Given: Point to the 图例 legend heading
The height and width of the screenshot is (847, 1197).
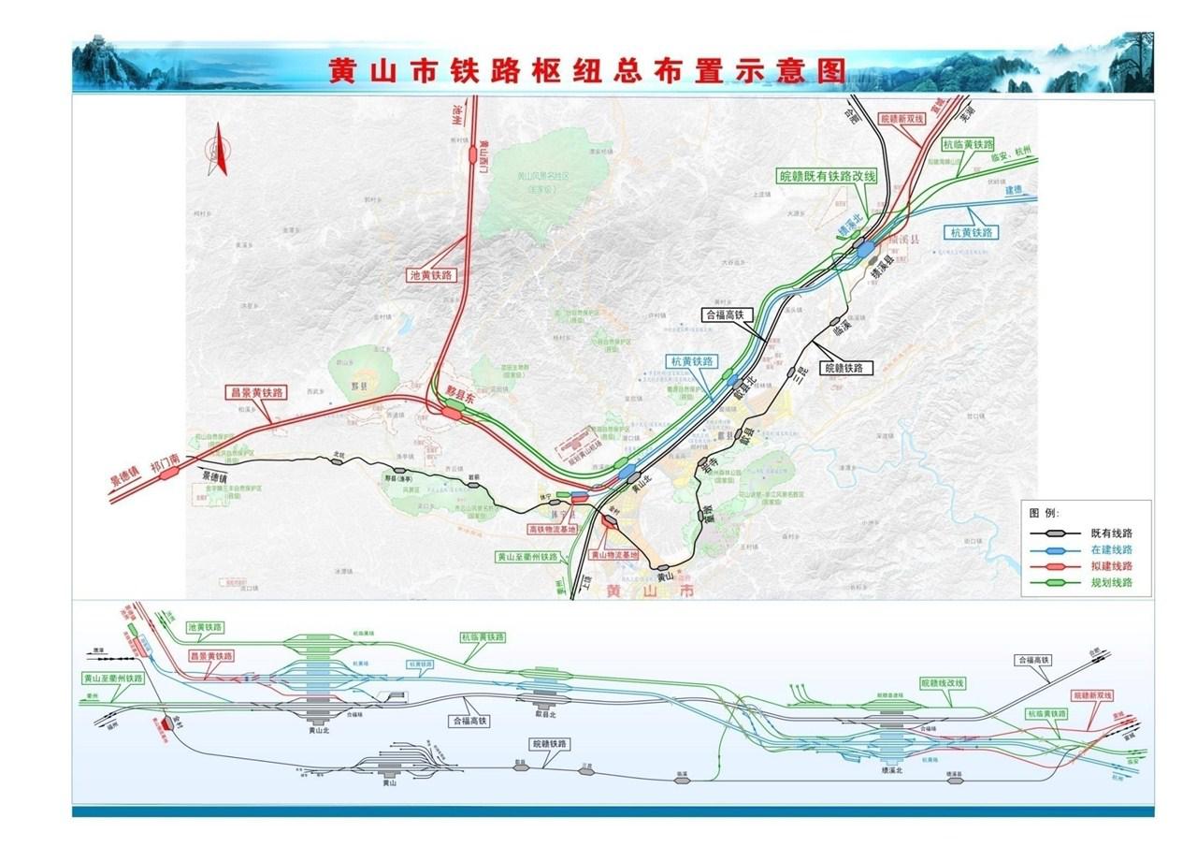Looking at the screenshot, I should point(1045,514).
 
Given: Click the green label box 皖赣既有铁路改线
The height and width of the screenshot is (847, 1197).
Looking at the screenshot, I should point(828,176).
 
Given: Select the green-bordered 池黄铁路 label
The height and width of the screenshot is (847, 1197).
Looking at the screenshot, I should point(210,627).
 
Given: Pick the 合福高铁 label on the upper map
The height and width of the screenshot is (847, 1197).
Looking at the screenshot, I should point(724,315).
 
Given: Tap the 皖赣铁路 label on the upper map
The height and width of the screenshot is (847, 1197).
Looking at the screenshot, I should point(846,369).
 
